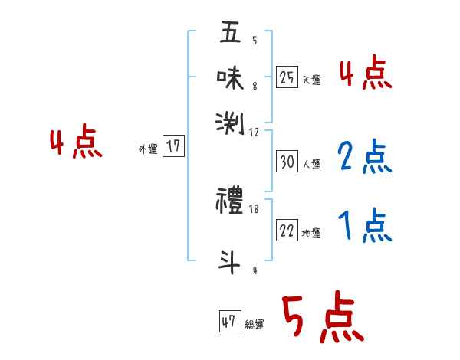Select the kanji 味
(230, 77)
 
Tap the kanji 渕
(230, 121)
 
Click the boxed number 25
(287, 77)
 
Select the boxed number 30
(287, 162)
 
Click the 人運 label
(311, 164)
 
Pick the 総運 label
(255, 324)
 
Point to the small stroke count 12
(255, 132)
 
